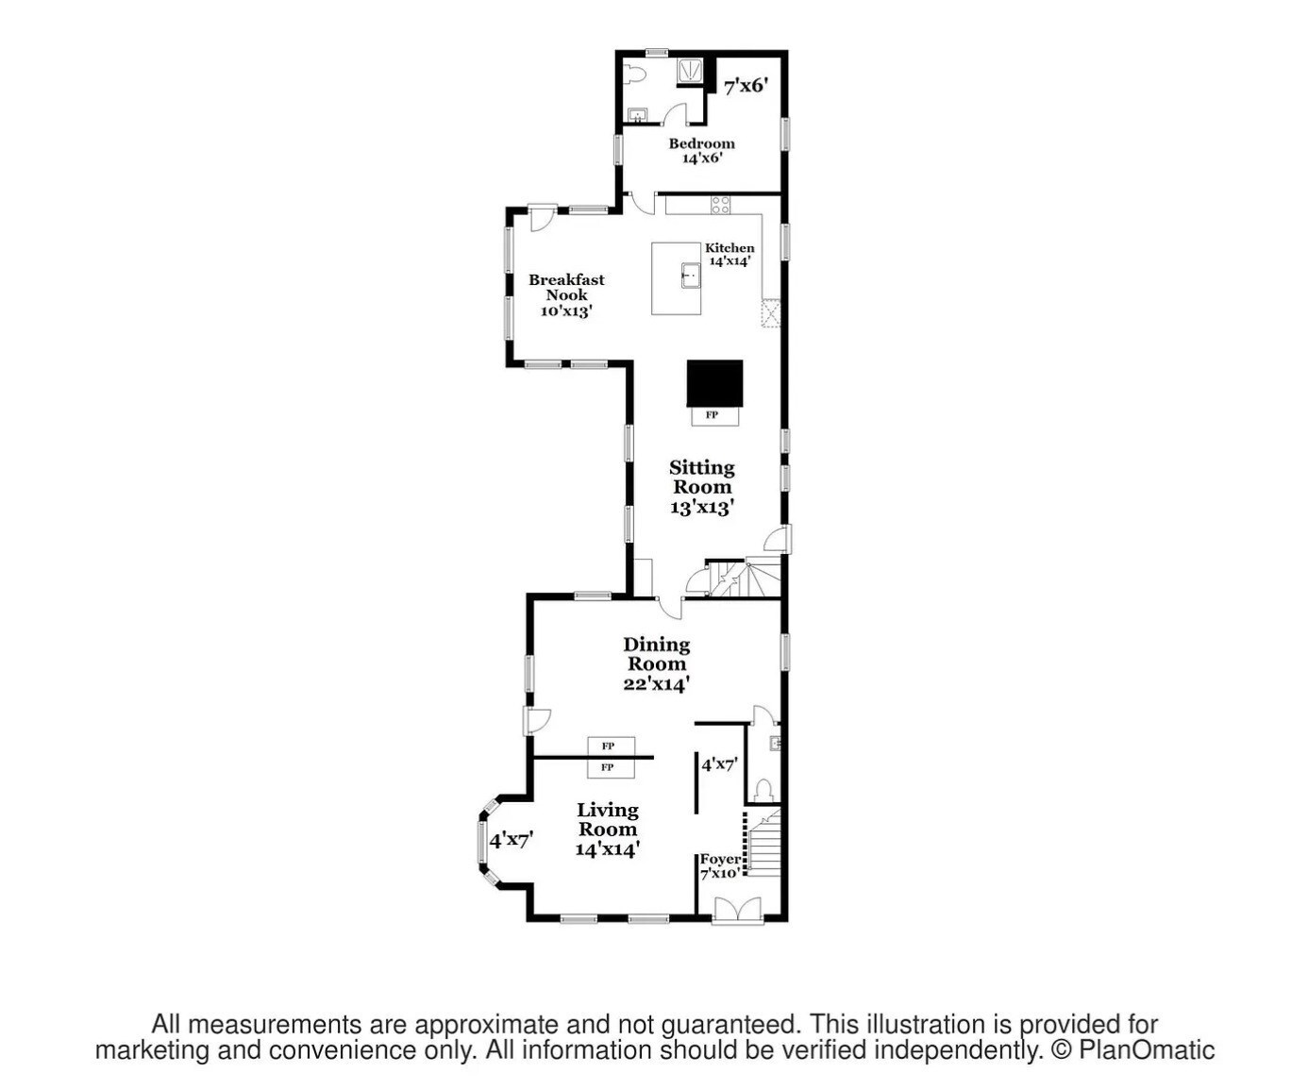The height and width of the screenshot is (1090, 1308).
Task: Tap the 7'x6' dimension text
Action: coord(746,86)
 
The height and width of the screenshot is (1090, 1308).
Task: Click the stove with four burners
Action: coord(720,205)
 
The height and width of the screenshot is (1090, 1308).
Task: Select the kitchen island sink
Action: coord(691,275)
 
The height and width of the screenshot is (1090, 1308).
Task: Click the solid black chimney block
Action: coord(714,383)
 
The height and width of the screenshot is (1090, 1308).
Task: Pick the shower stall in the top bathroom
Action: coord(691,72)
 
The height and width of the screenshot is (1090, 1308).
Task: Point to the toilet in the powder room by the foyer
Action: coord(763,791)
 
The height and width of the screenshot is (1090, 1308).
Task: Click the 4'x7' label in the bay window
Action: coord(511,840)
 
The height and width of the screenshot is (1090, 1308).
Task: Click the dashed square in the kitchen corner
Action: coord(771,313)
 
